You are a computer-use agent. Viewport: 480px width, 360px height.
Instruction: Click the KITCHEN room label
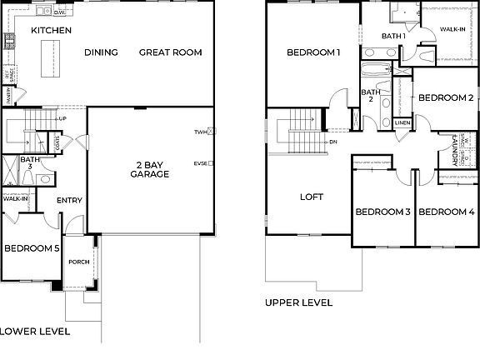point(51,31)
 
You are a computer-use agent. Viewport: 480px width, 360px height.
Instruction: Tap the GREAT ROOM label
point(170,52)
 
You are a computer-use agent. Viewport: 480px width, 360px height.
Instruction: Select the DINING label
point(101,52)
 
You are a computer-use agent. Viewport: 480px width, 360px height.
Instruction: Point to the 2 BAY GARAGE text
point(150,169)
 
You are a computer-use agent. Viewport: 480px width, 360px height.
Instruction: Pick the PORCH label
point(78,262)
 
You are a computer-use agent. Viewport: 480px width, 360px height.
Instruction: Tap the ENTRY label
point(69,200)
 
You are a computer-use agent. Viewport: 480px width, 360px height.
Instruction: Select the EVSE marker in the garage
point(201,163)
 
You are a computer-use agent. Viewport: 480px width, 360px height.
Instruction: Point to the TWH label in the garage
point(200,132)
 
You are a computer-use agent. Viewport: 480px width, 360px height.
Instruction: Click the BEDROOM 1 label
point(313,52)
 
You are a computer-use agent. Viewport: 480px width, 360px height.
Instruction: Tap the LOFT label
point(311,197)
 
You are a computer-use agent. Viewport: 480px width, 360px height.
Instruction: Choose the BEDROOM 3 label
point(382,212)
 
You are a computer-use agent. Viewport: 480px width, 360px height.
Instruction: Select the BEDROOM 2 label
point(445,97)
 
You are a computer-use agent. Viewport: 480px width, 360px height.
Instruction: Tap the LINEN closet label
point(402,123)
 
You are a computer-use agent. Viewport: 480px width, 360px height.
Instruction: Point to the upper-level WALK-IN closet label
point(452,29)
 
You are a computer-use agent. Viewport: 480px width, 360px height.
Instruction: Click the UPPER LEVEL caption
point(298,302)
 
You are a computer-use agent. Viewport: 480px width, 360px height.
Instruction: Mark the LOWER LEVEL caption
point(35,331)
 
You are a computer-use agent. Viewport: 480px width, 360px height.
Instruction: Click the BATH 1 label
point(393,36)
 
